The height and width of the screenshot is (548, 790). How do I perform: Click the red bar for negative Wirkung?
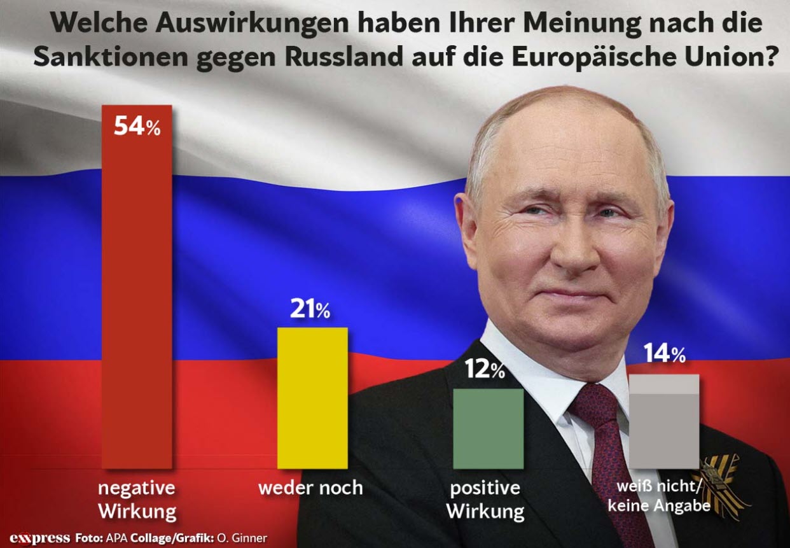pos(138,286)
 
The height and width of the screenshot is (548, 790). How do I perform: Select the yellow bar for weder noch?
pos(312,398)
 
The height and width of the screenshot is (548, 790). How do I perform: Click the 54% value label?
pos(137,126)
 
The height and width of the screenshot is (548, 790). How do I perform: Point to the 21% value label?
pos(310,309)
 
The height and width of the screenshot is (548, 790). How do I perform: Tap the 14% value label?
pos(663,354)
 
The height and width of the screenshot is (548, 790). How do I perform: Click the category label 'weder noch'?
pos(310,488)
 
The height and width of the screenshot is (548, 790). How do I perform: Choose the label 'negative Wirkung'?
pos(137,499)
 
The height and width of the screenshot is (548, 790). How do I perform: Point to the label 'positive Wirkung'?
pos(485,500)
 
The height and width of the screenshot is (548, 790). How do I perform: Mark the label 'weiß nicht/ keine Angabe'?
pos(658,497)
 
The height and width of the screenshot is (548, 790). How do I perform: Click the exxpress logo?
pos(39,538)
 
